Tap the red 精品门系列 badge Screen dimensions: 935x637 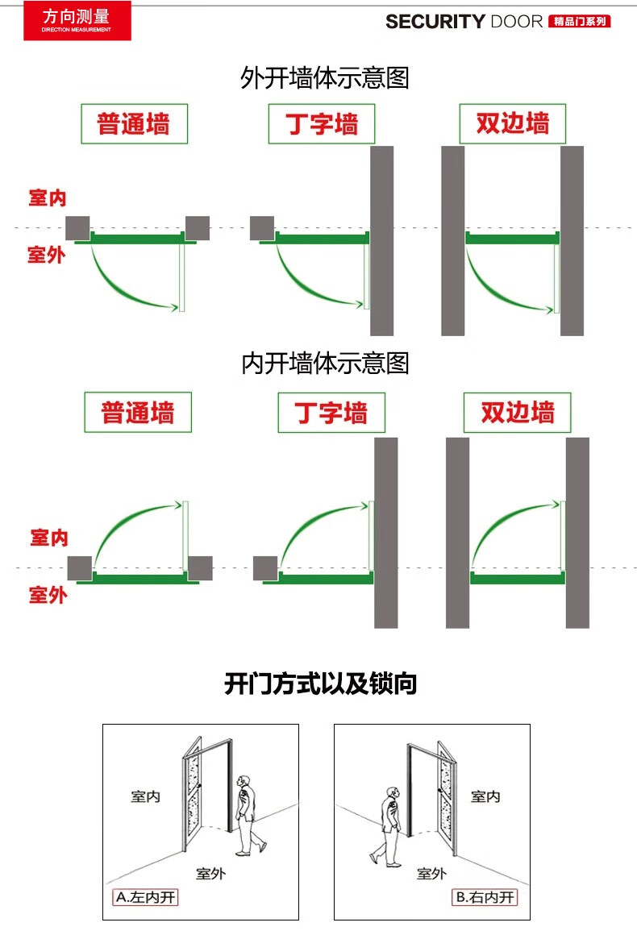pyautogui.click(x=579, y=22)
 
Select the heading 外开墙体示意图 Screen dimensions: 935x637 pyautogui.click(x=325, y=78)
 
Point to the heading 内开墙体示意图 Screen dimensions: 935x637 pyautogui.click(x=325, y=364)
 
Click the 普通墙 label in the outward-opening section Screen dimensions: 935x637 pyautogui.click(x=134, y=124)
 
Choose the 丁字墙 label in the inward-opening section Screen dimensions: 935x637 pyautogui.click(x=331, y=413)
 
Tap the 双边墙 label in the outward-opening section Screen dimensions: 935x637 pyautogui.click(x=512, y=124)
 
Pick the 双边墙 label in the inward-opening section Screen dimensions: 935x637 pyautogui.click(x=517, y=413)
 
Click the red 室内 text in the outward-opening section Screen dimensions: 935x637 pyautogui.click(x=48, y=198)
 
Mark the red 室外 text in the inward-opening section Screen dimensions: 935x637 pyautogui.click(x=48, y=595)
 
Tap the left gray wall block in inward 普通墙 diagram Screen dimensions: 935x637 pyautogui.click(x=79, y=567)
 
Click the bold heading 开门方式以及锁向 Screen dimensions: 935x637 pyautogui.click(x=320, y=684)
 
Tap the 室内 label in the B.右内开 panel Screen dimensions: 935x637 pyautogui.click(x=485, y=796)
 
